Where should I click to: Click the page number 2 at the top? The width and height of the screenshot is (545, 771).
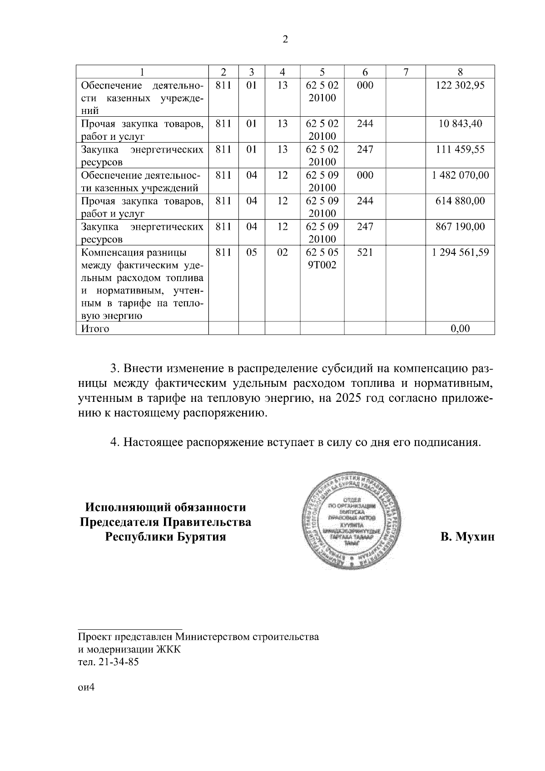point(285,40)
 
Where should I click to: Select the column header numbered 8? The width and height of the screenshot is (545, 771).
point(460,72)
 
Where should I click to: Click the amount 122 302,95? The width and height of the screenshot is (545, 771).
point(460,85)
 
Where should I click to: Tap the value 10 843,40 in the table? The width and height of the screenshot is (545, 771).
point(460,123)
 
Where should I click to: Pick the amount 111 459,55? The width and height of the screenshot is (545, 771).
point(460,149)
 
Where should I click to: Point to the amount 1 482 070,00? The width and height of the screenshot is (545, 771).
point(460,175)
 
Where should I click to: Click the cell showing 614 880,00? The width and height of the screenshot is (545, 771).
point(460,201)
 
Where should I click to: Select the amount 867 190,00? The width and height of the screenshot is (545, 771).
point(460,226)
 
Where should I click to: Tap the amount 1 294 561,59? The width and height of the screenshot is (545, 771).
point(460,252)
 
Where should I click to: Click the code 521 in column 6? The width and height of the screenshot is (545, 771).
point(365,252)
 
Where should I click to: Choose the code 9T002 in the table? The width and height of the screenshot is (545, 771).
point(322,265)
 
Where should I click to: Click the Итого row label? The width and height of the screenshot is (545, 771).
point(95,328)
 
